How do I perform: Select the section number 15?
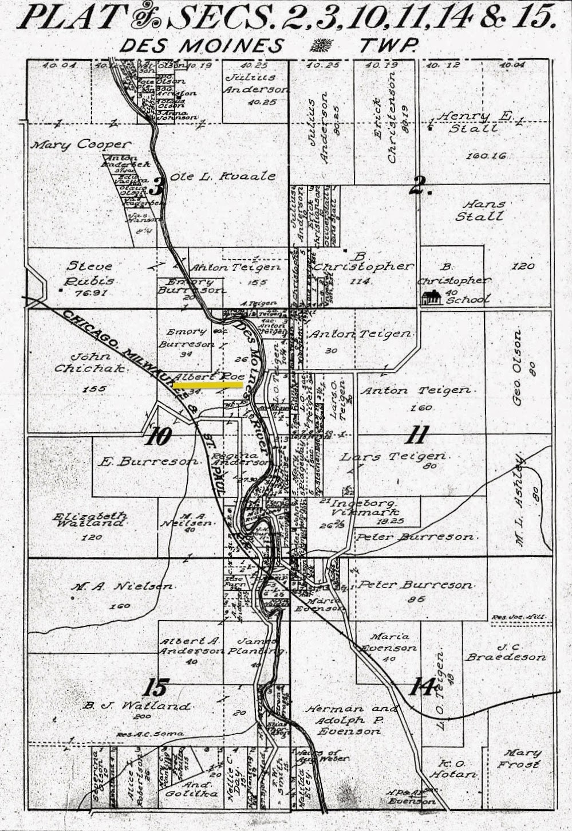155,687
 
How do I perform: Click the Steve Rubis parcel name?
90,273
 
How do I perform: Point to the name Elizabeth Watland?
90,519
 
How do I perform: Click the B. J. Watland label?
136,706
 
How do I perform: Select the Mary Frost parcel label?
519,759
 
